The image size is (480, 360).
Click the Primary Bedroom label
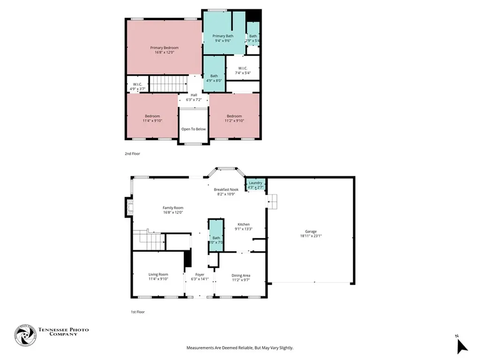pyautogui.click(x=164, y=48)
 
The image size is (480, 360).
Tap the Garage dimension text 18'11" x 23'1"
pyautogui.click(x=311, y=236)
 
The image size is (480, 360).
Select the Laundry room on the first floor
pyautogui.click(x=255, y=185)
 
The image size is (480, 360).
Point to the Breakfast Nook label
pyautogui.click(x=226, y=189)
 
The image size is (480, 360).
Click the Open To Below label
pyautogui.click(x=193, y=129)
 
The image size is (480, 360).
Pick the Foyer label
pyautogui.click(x=200, y=274)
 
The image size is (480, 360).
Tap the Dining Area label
pyautogui.click(x=240, y=275)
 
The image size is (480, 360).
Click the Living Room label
pyautogui.click(x=158, y=274)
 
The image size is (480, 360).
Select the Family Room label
pyautogui.click(x=172, y=208)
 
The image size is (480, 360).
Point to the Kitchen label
pyautogui.click(x=243, y=224)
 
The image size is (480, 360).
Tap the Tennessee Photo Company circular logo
pyautogui.click(x=25, y=335)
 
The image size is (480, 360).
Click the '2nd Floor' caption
pyautogui.click(x=132, y=154)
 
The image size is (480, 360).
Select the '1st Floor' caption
pyautogui.click(x=137, y=312)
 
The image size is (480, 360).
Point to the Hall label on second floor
pyautogui.click(x=194, y=95)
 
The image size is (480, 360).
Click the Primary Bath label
pyautogui.click(x=223, y=36)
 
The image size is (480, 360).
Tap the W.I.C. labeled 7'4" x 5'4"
pyautogui.click(x=242, y=68)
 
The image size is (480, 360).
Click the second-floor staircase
pyautogui.click(x=168, y=84)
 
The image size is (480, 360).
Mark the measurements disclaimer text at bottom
pyautogui.click(x=240, y=348)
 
